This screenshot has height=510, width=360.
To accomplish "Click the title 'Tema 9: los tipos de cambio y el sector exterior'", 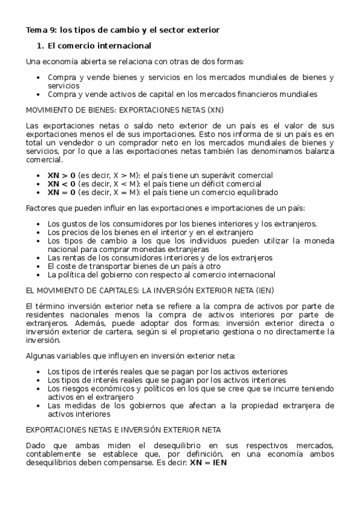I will pos(122,29).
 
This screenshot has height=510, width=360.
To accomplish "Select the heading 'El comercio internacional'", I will pos(99,46).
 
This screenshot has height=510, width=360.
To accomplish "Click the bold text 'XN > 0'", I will pos(62,175).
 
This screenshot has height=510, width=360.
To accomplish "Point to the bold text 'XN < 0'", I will pos(62,183).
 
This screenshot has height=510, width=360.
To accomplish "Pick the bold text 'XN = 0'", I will pos(62,192).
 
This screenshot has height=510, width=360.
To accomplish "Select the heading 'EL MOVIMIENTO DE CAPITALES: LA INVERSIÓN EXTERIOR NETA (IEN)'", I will pos(142,289).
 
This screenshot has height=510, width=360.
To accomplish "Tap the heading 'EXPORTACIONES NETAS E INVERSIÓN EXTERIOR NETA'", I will pos(123,430).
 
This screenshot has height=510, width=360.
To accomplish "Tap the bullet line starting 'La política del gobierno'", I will pos(161,274).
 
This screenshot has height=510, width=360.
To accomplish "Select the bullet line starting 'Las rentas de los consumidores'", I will pos(160,257).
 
